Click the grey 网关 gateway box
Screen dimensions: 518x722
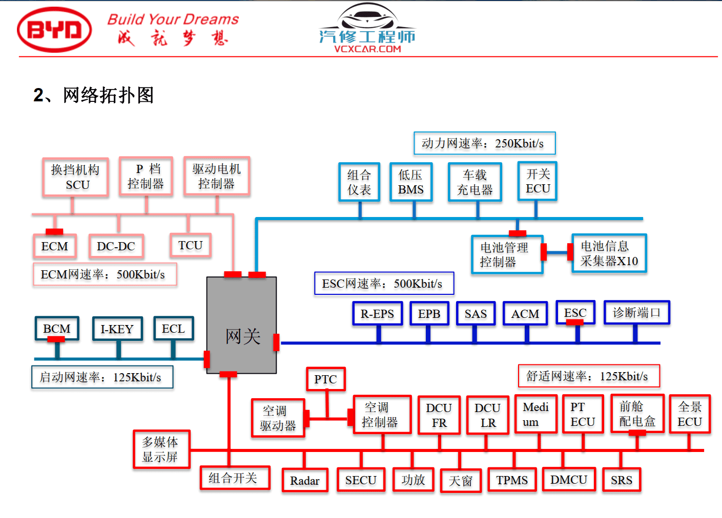tap(241, 326)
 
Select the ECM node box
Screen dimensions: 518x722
tap(55, 246)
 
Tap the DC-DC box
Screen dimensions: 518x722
tap(116, 246)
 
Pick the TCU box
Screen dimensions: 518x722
tap(190, 245)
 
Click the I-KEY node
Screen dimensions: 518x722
tap(117, 329)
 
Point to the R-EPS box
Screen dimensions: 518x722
tap(377, 313)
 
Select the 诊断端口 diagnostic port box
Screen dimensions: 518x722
tap(636, 312)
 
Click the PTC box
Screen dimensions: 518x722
tap(325, 379)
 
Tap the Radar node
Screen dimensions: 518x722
tap(305, 480)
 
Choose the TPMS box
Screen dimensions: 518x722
tap(512, 480)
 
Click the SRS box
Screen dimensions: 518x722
tap(621, 480)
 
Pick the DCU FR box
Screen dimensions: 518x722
tap(439, 415)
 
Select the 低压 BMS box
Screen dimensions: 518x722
tap(411, 182)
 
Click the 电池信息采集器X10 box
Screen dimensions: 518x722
tap(609, 253)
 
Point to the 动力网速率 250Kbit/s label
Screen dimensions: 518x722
tap(484, 143)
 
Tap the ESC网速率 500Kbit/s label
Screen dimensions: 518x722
tap(383, 284)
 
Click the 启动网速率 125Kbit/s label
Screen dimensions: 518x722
tap(102, 377)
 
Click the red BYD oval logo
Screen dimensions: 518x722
tap(54, 30)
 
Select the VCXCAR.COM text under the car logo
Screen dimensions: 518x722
tap(367, 49)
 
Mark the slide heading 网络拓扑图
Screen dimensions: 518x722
tap(93, 95)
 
